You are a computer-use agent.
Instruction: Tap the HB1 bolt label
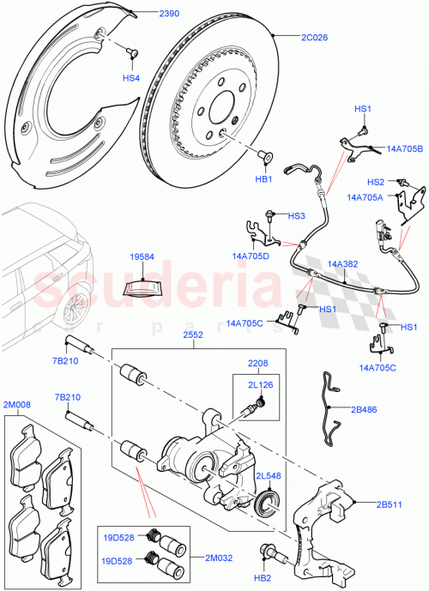pos(263,180)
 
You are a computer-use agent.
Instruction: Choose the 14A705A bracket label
pos(366,197)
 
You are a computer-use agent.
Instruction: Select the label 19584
pos(143,256)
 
